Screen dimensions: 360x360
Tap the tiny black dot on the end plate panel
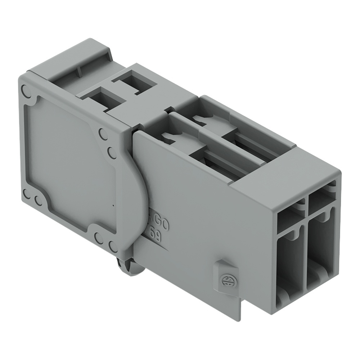click(113, 206)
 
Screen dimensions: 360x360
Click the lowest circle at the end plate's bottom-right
click(113, 247)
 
